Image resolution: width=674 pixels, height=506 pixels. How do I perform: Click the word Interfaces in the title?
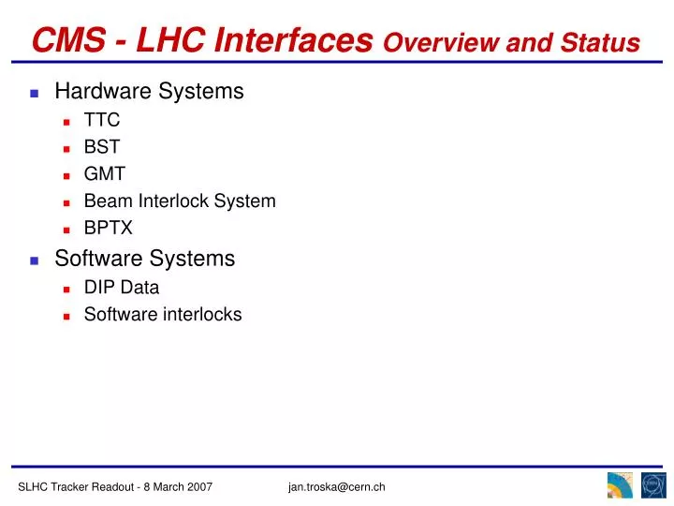tap(296, 39)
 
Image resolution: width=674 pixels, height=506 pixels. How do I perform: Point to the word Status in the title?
tap(606, 42)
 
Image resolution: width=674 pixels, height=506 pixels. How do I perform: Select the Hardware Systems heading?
tap(149, 91)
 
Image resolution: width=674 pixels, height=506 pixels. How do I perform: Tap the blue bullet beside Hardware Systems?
tap(34, 93)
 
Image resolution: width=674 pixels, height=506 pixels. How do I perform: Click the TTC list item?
tap(102, 120)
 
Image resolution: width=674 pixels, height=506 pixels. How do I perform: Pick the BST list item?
tap(102, 147)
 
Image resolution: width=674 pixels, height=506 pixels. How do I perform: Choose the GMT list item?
tap(104, 173)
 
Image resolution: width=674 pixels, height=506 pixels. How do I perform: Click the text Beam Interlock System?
tap(180, 201)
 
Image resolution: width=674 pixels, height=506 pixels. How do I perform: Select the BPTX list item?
tap(109, 228)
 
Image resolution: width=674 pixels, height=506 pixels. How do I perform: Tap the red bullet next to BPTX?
tap(67, 229)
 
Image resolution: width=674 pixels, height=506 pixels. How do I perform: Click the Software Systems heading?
tap(145, 258)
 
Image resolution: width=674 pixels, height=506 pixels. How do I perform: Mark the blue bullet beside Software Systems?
tap(34, 260)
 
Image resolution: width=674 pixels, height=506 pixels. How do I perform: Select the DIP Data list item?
tap(122, 288)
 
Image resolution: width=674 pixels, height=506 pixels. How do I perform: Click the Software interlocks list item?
tap(163, 315)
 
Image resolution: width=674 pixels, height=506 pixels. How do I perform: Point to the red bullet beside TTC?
tap(67, 122)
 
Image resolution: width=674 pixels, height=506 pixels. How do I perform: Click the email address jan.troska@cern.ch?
tap(337, 486)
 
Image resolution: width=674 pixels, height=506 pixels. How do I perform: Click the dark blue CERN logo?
tap(652, 485)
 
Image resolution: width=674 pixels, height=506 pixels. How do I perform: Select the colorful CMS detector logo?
tap(620, 485)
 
